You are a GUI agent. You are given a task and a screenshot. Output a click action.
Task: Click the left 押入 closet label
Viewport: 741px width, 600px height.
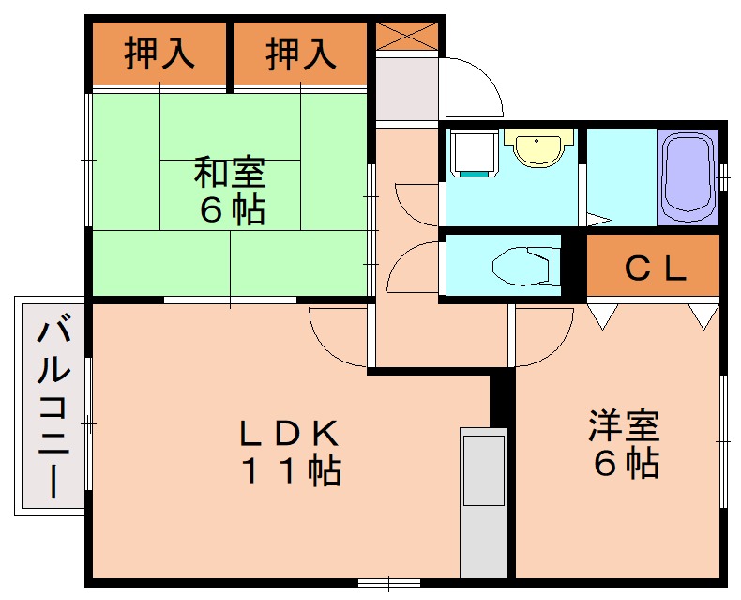tap(159, 54)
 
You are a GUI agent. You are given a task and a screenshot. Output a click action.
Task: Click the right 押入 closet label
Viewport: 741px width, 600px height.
tap(300, 54)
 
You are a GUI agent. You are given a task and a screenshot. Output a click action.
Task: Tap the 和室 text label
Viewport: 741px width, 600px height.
tap(230, 173)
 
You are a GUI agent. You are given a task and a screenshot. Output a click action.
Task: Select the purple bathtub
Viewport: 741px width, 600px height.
tap(688, 176)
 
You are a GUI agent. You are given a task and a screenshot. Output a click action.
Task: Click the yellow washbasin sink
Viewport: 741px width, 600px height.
tap(537, 148)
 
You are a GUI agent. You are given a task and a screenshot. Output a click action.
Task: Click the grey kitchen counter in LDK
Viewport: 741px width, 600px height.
tap(483, 502)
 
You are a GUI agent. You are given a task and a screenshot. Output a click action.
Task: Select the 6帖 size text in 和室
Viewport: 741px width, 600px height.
tap(230, 209)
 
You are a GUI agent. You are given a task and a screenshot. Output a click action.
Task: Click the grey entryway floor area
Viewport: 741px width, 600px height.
tap(407, 88)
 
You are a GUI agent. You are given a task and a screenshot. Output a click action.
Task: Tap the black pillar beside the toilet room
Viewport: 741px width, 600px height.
tap(573, 265)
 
